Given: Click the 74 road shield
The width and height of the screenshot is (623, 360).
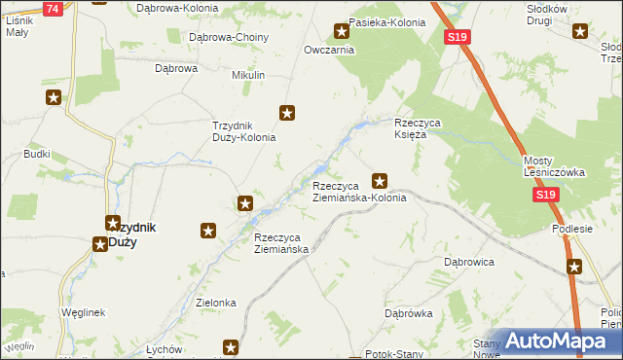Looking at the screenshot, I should (54, 9).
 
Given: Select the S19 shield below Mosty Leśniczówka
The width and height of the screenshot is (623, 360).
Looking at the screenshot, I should (546, 196).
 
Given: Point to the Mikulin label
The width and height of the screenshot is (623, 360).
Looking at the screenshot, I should (248, 75).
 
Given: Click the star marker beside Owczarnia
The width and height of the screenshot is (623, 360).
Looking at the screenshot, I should (341, 31).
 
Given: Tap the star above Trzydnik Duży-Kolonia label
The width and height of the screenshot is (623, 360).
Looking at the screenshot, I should (287, 113).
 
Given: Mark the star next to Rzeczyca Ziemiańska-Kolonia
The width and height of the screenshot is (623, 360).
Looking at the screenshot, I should (381, 180).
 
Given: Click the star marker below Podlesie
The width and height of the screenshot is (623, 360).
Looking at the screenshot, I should (574, 266).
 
